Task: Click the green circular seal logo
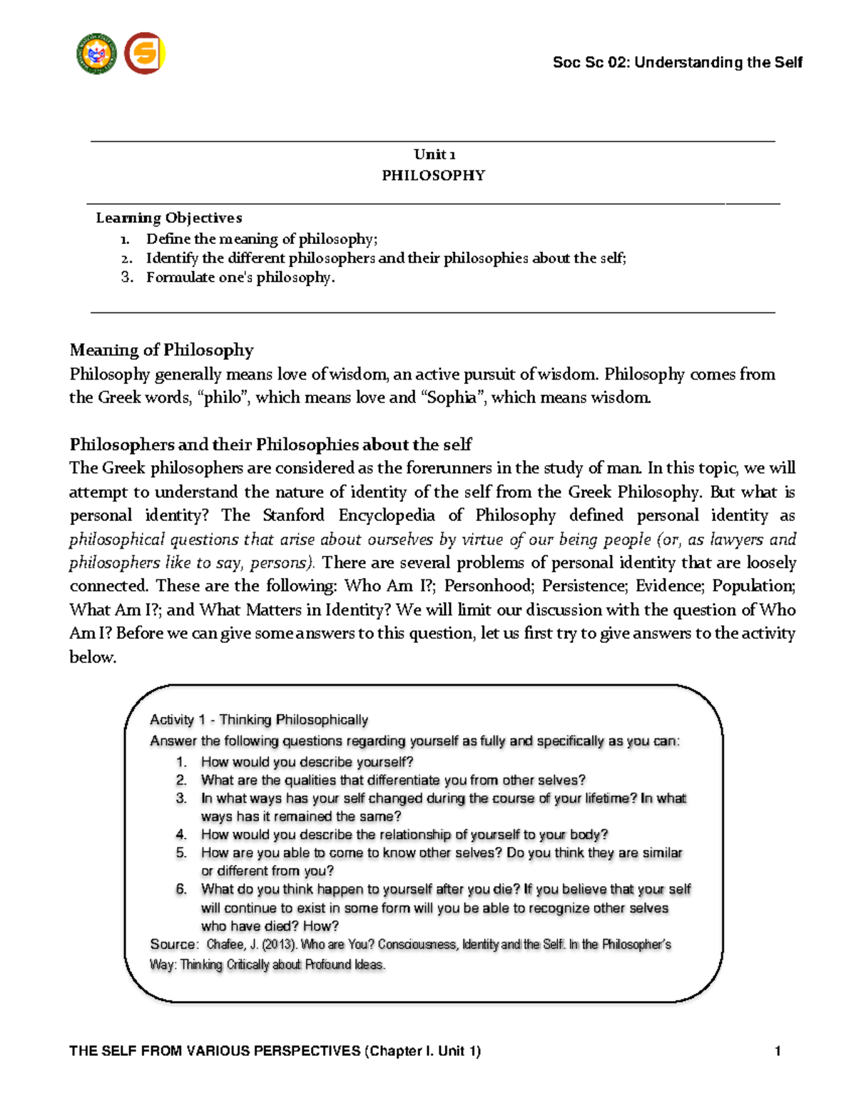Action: click(96, 54)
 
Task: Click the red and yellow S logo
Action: click(145, 54)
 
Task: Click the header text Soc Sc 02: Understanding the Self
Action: click(677, 63)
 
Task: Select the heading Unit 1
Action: click(434, 155)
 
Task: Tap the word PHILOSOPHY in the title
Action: click(433, 176)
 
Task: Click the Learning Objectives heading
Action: click(169, 218)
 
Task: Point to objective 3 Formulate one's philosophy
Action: click(240, 278)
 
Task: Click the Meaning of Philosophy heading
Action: click(161, 350)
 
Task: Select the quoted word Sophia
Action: click(452, 398)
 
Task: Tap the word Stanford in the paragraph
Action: click(293, 516)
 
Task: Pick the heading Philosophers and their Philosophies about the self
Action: click(270, 445)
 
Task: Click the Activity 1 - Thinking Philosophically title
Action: click(258, 720)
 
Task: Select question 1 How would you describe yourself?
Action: click(307, 762)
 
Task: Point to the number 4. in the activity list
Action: click(181, 835)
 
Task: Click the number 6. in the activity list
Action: click(181, 889)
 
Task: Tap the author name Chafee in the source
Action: click(225, 945)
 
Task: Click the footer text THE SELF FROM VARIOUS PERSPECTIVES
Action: click(214, 1051)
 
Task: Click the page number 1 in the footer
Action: click(778, 1051)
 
